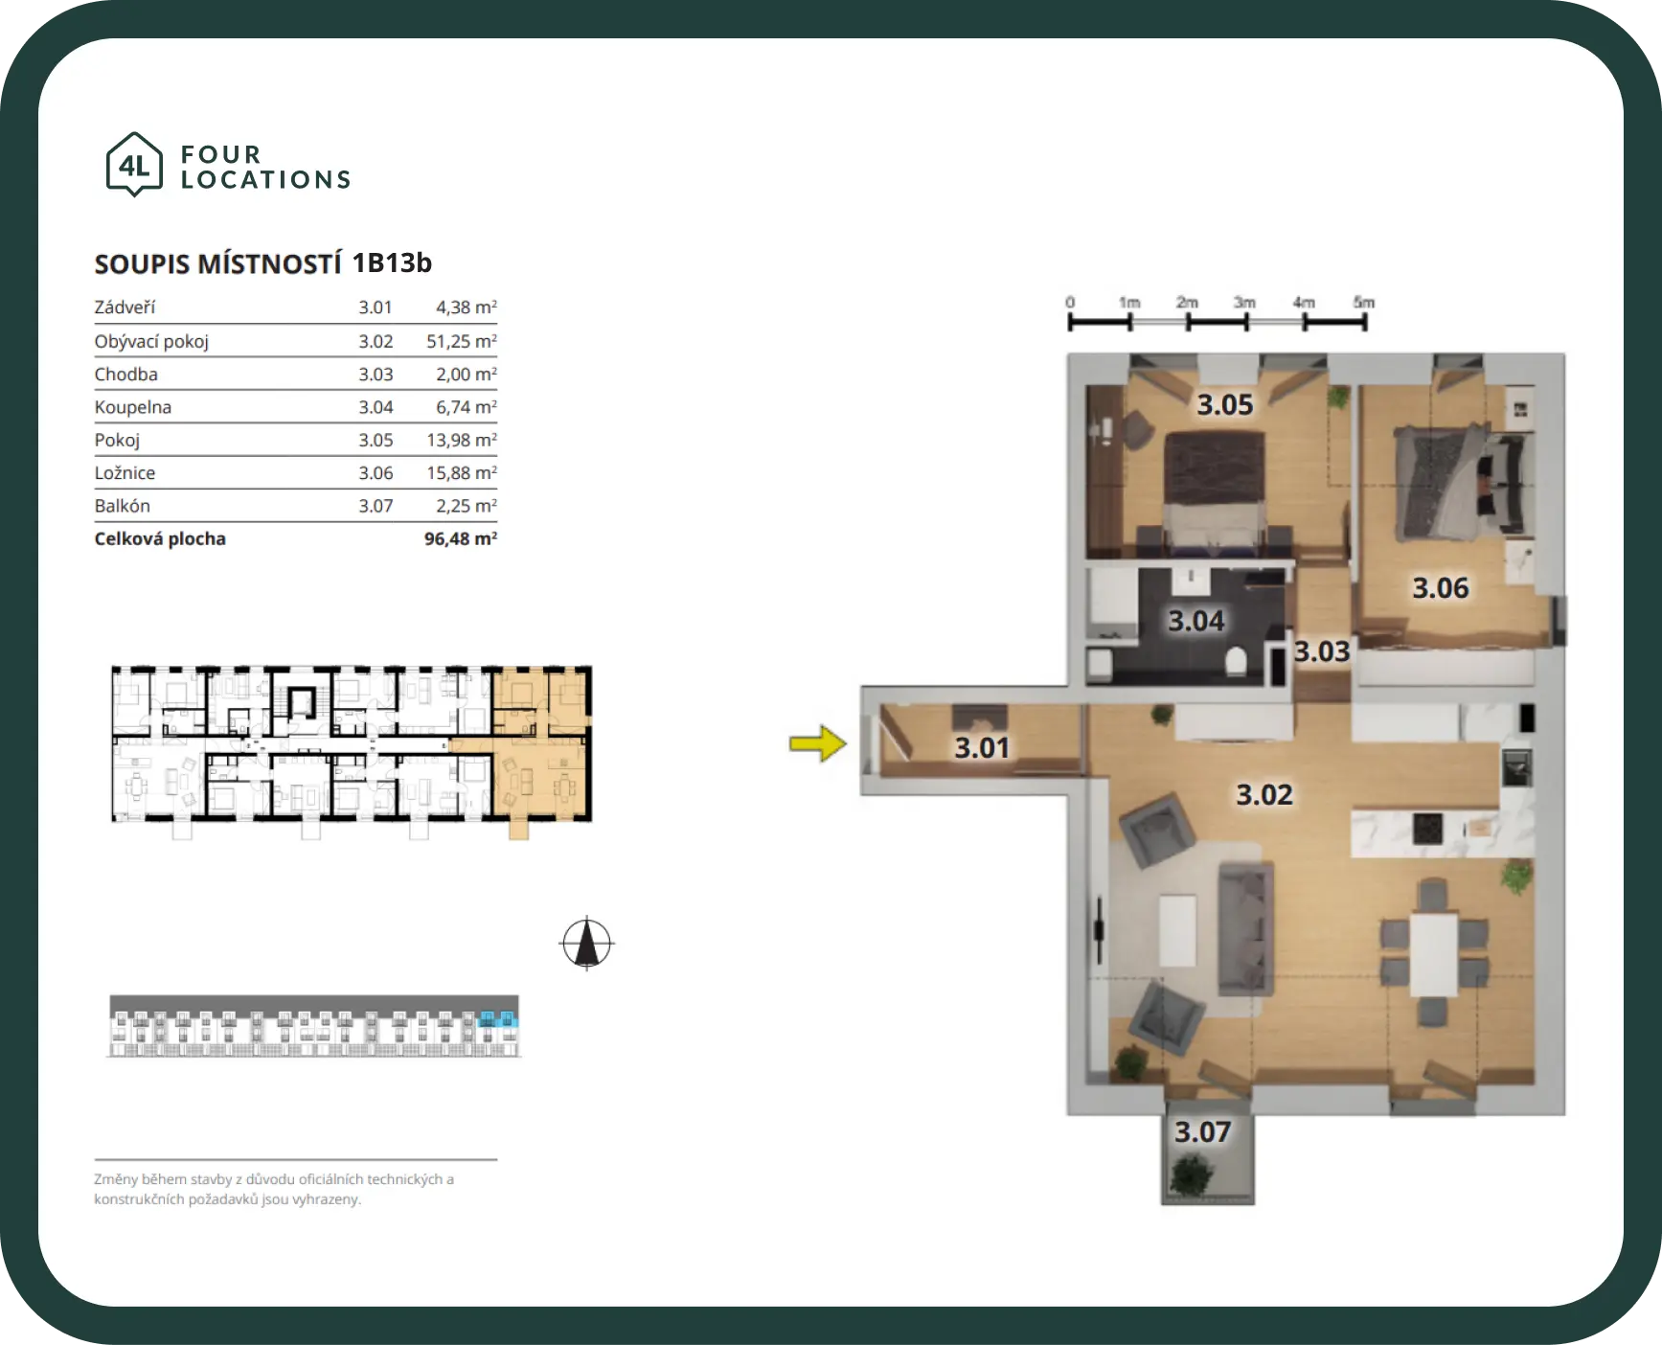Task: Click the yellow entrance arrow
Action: click(x=818, y=743)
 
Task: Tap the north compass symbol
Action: click(x=586, y=943)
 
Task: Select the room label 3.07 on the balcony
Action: click(x=1202, y=1132)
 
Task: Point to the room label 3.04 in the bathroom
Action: click(x=1195, y=621)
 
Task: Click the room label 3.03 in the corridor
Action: click(x=1322, y=651)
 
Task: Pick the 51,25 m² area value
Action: click(x=462, y=341)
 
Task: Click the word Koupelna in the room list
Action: click(x=133, y=407)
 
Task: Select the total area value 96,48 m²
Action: click(x=461, y=538)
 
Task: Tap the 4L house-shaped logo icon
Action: click(x=134, y=165)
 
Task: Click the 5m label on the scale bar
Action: click(x=1364, y=303)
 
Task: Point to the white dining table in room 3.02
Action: click(x=1433, y=954)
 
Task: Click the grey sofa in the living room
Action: click(x=1245, y=928)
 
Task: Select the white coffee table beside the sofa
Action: click(x=1177, y=930)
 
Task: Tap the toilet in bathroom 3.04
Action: click(x=1235, y=662)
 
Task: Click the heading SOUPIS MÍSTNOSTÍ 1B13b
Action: click(x=263, y=263)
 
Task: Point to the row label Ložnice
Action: click(x=125, y=472)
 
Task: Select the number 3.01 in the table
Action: click(x=376, y=308)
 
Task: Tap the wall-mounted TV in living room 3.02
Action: click(x=1099, y=929)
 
